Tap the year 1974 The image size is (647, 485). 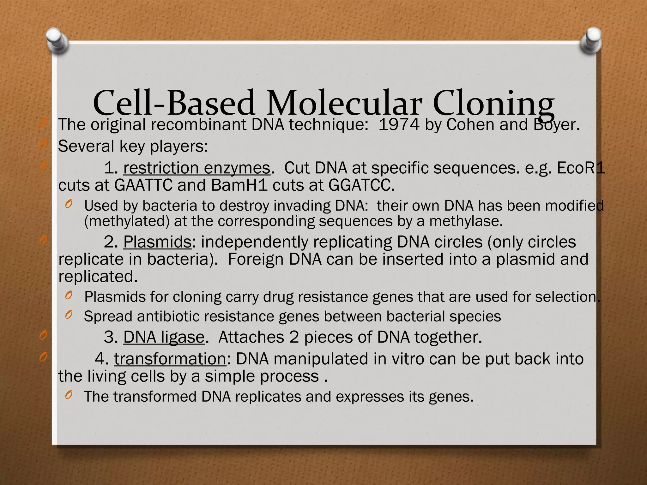399,125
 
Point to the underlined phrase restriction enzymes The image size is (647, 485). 197,168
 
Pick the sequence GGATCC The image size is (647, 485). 361,185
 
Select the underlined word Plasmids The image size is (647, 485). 157,242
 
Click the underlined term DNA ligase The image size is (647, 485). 164,337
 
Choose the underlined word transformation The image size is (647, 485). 170,359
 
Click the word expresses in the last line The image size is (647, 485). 370,397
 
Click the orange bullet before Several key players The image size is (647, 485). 44,146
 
